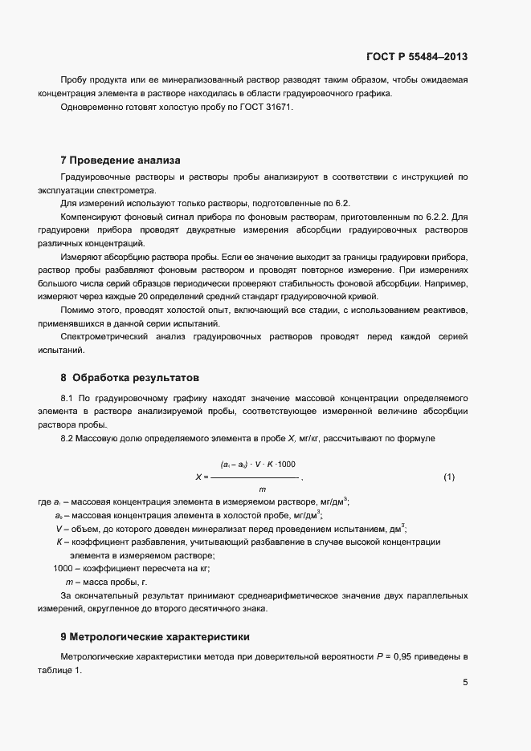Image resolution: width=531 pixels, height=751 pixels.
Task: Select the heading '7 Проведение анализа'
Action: tap(120, 160)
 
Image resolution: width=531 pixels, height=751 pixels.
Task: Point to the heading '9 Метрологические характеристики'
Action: tap(155, 637)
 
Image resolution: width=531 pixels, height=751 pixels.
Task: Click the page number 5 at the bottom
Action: tap(465, 683)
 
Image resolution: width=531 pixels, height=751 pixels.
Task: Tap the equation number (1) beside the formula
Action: tap(449, 477)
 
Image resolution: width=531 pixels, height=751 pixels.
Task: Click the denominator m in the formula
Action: tap(262, 489)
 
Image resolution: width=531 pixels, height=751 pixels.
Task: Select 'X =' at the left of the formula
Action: tap(202, 477)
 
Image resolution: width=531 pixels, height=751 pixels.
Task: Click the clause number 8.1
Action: tap(67, 397)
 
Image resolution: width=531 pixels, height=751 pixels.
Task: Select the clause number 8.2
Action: tap(67, 438)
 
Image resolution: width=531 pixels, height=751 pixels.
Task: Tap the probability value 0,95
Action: tap(418, 657)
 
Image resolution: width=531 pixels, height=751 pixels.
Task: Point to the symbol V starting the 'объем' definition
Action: tap(59, 528)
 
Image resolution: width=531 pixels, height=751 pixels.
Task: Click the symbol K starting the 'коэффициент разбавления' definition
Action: tap(59, 542)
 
